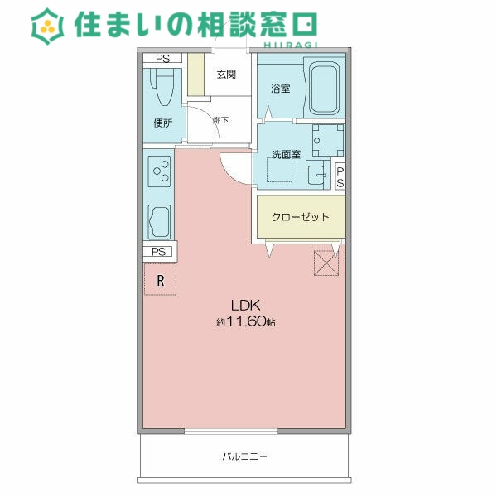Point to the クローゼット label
pos(301,217)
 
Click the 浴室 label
pos(280,89)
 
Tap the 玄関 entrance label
pos(226,75)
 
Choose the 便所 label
pos(163,123)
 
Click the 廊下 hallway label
pos(220,120)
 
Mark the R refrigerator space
pos(161,281)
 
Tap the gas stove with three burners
pos(159,171)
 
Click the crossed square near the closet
pos(326,262)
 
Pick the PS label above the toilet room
pos(162,59)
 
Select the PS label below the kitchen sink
pos(160,252)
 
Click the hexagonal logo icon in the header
pos(47,27)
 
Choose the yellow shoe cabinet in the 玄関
pos(195,75)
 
